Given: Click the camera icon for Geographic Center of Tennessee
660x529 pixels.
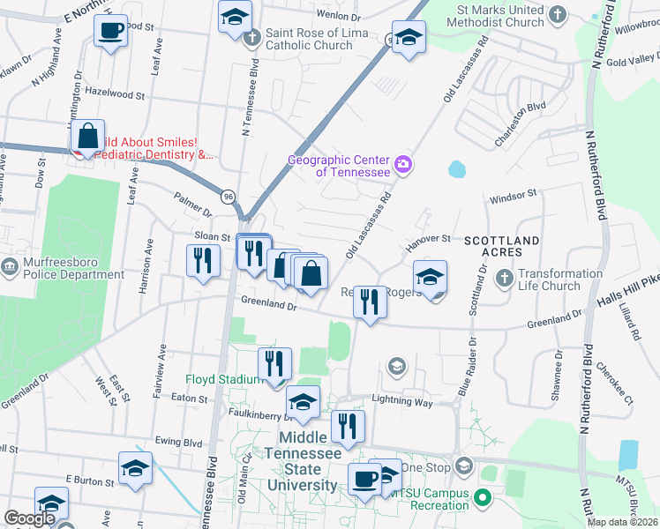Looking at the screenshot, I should pyautogui.click(x=404, y=164).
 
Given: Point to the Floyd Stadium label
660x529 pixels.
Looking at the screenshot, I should pyautogui.click(x=222, y=380).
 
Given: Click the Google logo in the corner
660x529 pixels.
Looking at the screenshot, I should pyautogui.click(x=29, y=518).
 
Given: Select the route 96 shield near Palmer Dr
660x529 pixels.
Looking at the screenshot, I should pyautogui.click(x=229, y=196).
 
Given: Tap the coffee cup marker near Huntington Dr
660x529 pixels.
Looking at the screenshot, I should pyautogui.click(x=110, y=31).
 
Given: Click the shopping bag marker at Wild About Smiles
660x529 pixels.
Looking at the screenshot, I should pyautogui.click(x=87, y=137).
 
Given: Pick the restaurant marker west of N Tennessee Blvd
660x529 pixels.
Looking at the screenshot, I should pyautogui.click(x=203, y=260).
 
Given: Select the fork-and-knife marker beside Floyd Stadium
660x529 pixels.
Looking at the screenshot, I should pyautogui.click(x=275, y=362).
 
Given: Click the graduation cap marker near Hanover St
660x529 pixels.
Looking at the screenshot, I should pyautogui.click(x=430, y=277).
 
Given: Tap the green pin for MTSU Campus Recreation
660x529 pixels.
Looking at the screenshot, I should pyautogui.click(x=482, y=499).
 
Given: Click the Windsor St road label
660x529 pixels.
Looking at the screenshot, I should pyautogui.click(x=514, y=194).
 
